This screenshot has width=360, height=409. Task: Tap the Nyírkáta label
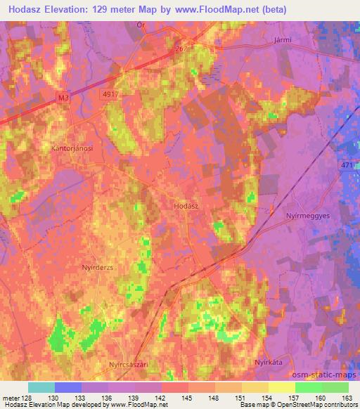(x=267, y=361)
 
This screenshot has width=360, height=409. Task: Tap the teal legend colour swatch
(x=41, y=387)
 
